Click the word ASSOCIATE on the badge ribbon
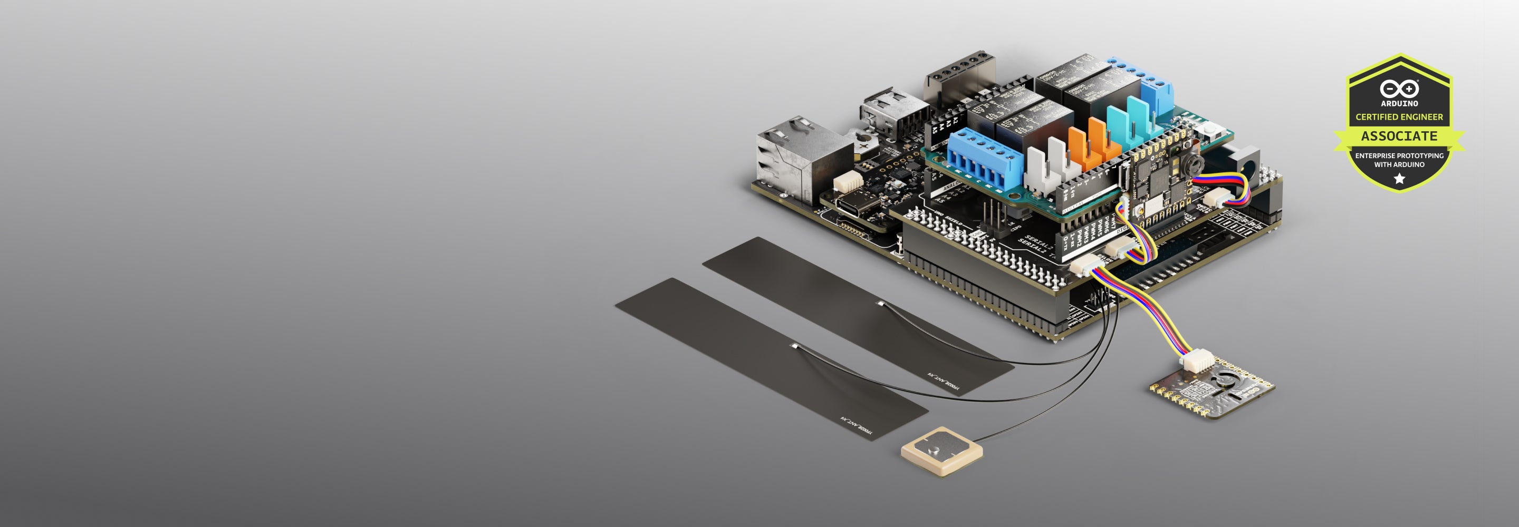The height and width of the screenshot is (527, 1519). point(1399,136)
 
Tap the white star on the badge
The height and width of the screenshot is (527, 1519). point(1399,179)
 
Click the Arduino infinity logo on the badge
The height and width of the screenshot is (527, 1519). point(1399,89)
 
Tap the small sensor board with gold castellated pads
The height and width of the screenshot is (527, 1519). point(1212,391)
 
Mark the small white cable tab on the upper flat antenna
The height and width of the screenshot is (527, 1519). point(881,304)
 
